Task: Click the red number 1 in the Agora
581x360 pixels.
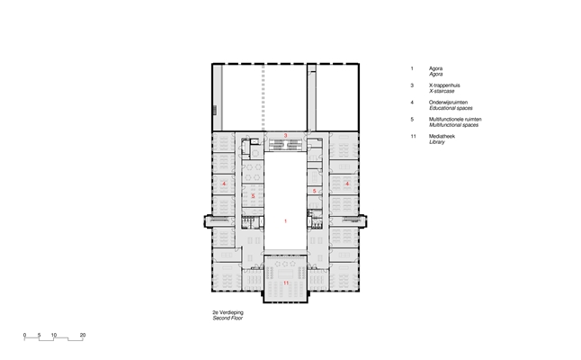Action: click(x=285, y=221)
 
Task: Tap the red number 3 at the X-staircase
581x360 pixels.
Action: click(x=285, y=136)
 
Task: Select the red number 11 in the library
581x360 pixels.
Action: click(x=286, y=283)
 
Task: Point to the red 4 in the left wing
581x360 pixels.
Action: click(x=224, y=184)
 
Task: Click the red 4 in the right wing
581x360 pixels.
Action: click(x=347, y=184)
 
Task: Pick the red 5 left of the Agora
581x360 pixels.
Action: click(x=253, y=196)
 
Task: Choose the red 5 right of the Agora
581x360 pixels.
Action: click(x=314, y=192)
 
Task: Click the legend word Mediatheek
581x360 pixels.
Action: click(x=442, y=137)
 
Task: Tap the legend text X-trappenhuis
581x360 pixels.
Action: click(x=444, y=85)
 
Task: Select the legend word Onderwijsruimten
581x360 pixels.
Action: click(x=448, y=103)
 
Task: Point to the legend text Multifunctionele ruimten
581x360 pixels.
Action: click(x=455, y=120)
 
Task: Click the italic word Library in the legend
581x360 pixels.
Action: click(x=437, y=142)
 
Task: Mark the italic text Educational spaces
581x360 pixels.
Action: click(x=451, y=108)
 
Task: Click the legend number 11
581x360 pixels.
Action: click(x=413, y=137)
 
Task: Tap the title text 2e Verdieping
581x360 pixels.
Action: click(x=228, y=312)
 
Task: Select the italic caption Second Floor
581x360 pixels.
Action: click(x=228, y=318)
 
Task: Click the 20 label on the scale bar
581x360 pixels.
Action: click(x=83, y=335)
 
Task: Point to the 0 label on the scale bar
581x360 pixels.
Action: click(x=25, y=335)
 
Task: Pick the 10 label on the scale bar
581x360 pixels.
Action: click(x=54, y=335)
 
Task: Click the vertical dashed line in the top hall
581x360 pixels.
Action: click(x=264, y=97)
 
